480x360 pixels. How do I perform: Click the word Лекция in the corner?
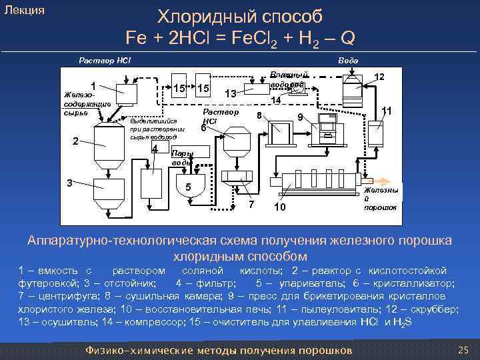pos(25,10)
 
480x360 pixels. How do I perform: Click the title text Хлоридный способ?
pos(239,16)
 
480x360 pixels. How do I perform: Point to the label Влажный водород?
pos(288,79)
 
